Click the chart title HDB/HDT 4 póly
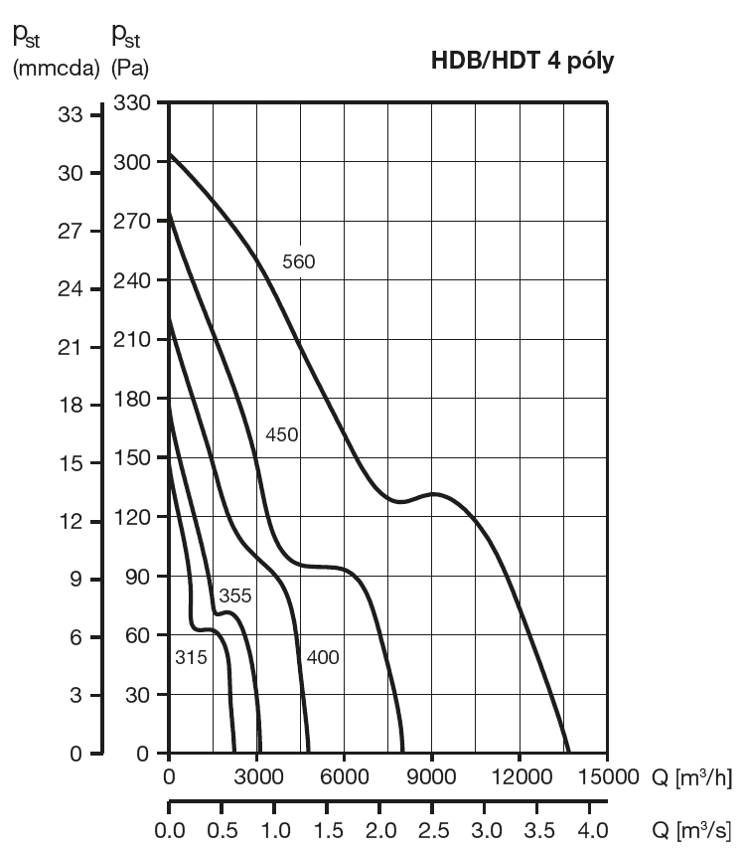(x=522, y=61)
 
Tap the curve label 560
(x=298, y=261)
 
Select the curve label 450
(x=282, y=434)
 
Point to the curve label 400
(x=323, y=657)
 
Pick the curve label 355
(x=234, y=596)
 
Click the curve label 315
(x=190, y=657)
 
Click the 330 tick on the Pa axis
(x=132, y=103)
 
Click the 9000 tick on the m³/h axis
(x=432, y=776)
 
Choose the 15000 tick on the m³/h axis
(x=608, y=776)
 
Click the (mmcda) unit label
(x=56, y=70)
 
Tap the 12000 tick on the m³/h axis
(x=521, y=776)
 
